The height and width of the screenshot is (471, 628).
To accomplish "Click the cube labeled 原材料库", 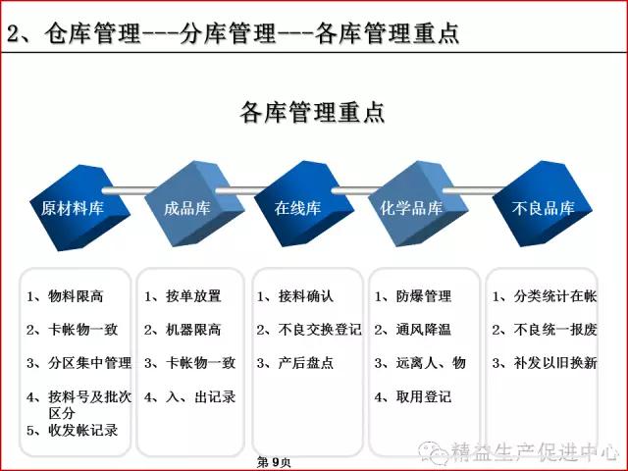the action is [x=80, y=208].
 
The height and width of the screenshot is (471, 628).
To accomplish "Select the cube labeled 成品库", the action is [x=194, y=204].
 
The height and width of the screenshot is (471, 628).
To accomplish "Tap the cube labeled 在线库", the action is [x=304, y=204].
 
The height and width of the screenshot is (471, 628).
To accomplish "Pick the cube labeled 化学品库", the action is [x=418, y=204].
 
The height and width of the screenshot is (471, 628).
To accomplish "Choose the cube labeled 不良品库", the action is [x=543, y=204].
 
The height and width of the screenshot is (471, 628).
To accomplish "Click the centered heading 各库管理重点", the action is [x=312, y=113].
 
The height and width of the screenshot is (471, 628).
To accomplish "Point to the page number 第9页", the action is [x=274, y=462].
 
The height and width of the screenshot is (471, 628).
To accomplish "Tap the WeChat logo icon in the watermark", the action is [x=434, y=451].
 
